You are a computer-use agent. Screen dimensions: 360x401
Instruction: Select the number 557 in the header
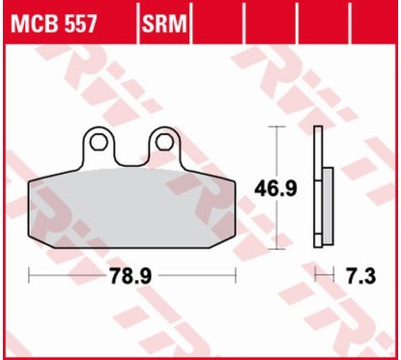(76, 22)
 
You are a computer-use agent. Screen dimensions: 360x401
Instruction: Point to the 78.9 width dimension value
(132, 276)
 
